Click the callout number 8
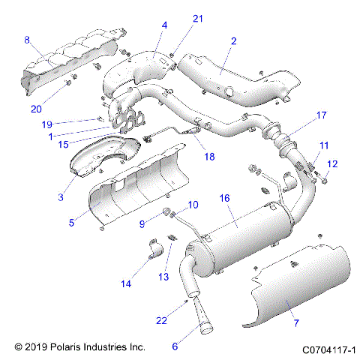pos(27,40)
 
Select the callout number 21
pos(177,18)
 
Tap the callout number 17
pos(321,115)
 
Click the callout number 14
pos(124,283)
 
